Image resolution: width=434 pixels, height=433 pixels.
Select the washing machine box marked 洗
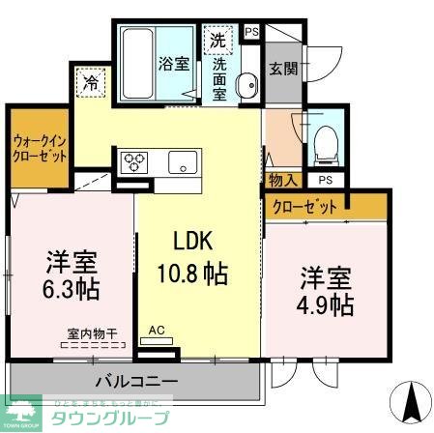click(x=218, y=42)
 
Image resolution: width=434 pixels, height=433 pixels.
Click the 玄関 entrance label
click(x=282, y=69)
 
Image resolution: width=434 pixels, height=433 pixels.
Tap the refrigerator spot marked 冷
click(x=90, y=84)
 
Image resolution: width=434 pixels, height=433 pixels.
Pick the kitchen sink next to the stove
click(x=183, y=162)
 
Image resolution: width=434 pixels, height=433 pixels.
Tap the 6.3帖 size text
click(x=72, y=287)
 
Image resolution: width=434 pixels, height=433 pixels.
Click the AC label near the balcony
click(x=157, y=331)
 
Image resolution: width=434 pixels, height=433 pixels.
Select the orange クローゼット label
click(x=305, y=206)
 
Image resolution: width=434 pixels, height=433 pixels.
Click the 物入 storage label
click(x=283, y=180)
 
